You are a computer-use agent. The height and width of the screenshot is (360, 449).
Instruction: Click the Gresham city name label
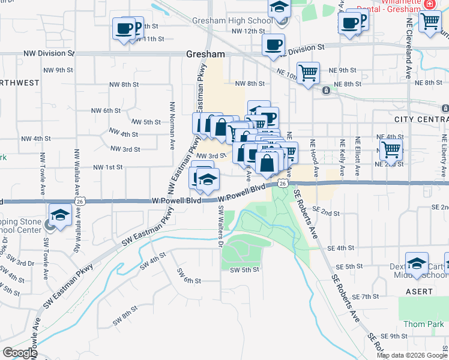205,54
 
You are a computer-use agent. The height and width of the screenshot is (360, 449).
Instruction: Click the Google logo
20,353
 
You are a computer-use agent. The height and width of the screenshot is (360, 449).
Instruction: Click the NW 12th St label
248,31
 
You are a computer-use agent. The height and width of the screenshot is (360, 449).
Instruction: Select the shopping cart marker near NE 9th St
308,74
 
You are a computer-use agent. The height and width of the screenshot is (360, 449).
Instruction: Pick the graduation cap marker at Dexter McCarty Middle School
417,265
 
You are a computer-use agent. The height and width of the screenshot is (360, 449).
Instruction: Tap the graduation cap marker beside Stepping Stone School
60,216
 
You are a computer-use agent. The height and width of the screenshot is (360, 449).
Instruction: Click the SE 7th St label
364,297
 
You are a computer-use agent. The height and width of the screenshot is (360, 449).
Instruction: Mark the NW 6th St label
106,110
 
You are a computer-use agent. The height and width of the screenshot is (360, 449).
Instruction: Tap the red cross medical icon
429,4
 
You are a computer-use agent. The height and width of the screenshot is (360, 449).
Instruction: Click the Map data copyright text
411,355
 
